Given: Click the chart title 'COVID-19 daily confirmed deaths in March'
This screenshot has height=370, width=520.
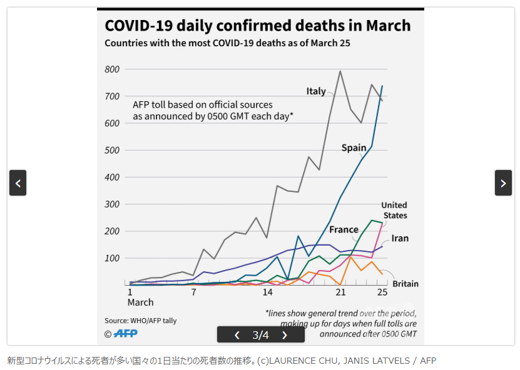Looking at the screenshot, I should point(257,26).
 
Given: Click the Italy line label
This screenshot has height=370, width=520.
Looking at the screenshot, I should point(316,91).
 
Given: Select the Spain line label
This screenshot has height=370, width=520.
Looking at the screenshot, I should point(354,147).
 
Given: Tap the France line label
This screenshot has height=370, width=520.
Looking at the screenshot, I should point(344,229).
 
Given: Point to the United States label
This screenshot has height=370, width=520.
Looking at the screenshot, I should point(394,210).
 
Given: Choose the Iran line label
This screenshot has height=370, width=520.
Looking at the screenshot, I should point(400,239).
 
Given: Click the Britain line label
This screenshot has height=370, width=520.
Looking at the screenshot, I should point(405,284).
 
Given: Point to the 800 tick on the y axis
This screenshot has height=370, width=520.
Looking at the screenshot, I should point(111,69).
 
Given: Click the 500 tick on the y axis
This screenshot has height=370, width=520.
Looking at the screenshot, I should point(111,150).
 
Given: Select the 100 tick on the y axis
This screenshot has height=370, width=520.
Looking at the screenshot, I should point(111,257).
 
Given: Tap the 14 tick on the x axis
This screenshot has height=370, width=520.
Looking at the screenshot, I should point(267,292).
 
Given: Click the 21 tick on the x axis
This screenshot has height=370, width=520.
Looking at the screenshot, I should point(340,292).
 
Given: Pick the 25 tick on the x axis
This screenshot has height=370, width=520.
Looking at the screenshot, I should point(382,292).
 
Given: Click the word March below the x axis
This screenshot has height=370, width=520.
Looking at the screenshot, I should point(140,302).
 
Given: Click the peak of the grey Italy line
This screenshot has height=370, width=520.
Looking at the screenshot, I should point(340,71).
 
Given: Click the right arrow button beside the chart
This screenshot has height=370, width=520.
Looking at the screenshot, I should point(503,182).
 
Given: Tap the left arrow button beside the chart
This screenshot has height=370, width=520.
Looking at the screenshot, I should point(18,182).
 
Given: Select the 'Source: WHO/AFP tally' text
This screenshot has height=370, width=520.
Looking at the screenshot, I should point(140,321).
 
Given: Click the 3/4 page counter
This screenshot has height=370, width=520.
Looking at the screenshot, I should point(260,335).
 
